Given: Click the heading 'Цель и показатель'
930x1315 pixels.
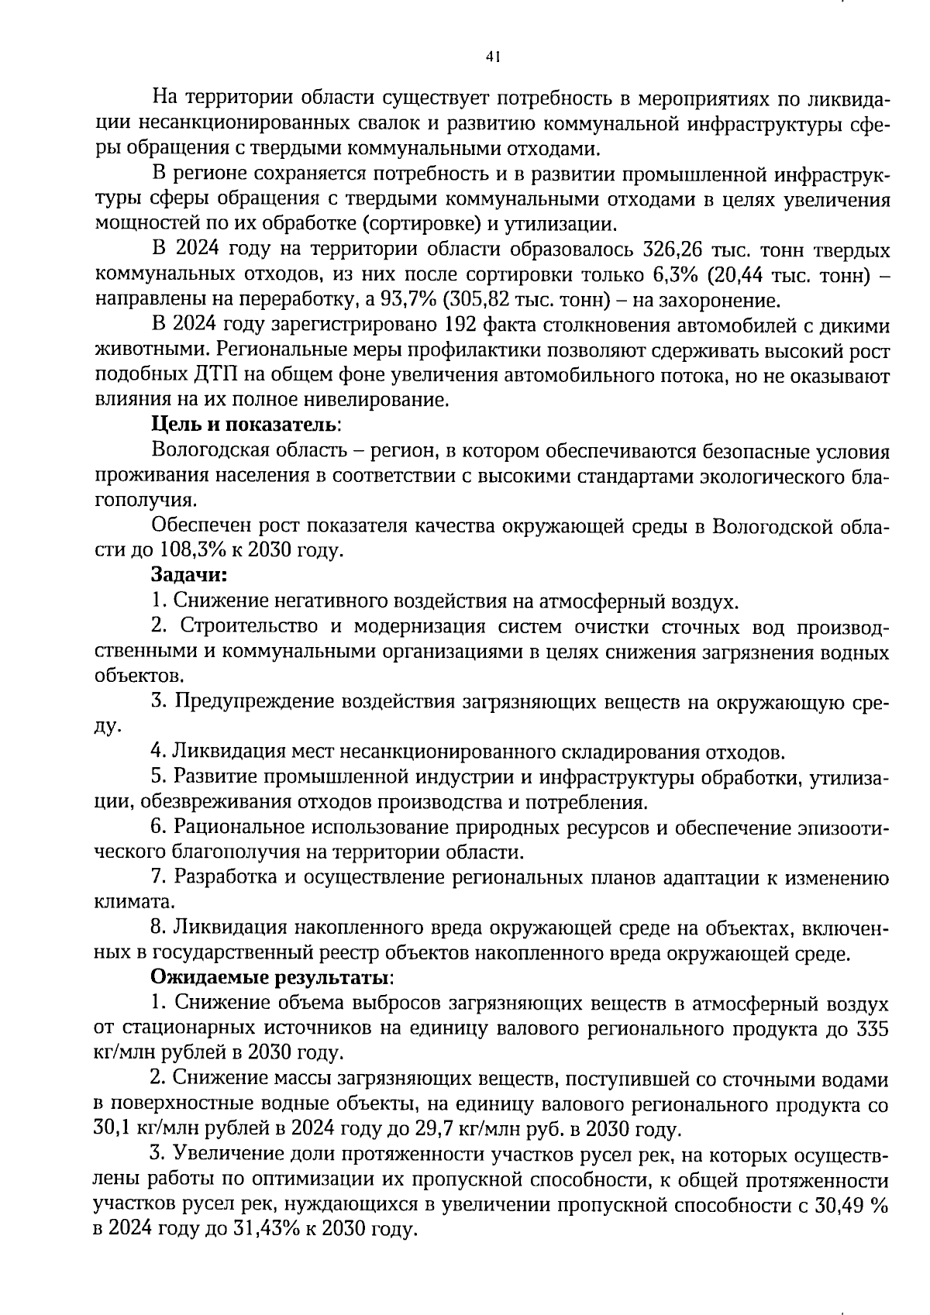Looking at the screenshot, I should point(245,425).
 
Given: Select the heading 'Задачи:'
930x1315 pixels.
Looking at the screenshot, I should point(189,576).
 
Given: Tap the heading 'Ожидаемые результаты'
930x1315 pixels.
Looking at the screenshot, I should point(271,977).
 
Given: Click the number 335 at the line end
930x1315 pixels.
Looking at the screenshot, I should point(873,1029).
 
